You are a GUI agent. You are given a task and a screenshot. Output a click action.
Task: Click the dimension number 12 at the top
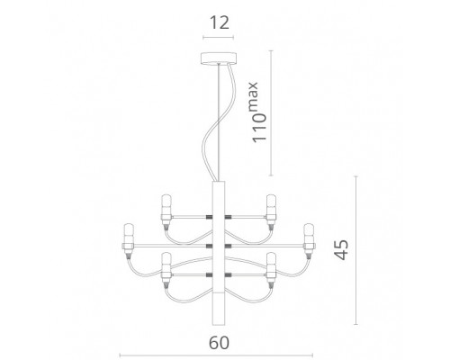[x=219, y=22]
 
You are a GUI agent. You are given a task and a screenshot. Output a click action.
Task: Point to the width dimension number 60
[x=219, y=342]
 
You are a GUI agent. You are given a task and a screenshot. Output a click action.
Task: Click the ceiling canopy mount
[x=219, y=58]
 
